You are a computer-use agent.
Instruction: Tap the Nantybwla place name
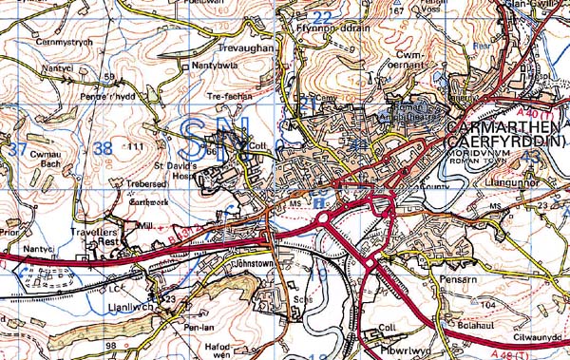pos(215,66)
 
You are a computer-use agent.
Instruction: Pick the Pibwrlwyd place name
pos(389,337)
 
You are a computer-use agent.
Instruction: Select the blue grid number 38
pos(104,147)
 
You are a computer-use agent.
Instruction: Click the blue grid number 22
pos(323,17)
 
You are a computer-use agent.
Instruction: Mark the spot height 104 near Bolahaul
pos(488,306)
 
